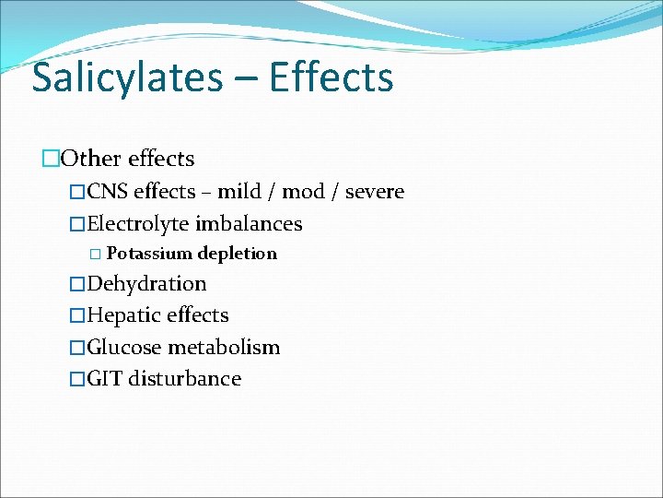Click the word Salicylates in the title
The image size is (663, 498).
[127, 79]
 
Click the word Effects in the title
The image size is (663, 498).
[331, 77]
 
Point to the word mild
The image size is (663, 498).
[238, 192]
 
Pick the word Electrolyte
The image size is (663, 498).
[138, 224]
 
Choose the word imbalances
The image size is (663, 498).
[249, 224]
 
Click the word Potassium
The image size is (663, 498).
[150, 254]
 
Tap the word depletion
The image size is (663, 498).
[238, 254]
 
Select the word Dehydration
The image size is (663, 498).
[146, 284]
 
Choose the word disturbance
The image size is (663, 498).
[185, 379]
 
